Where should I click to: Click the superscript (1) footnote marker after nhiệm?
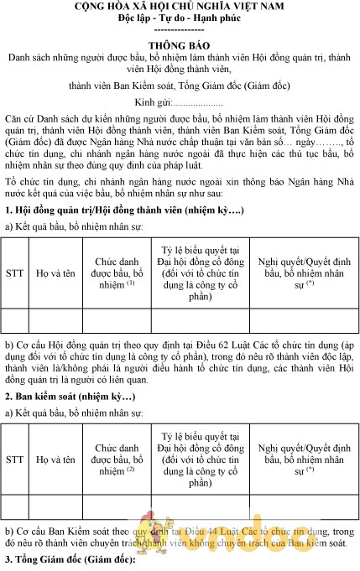coord(131,283)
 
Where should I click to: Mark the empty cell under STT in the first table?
coord(15,321)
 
